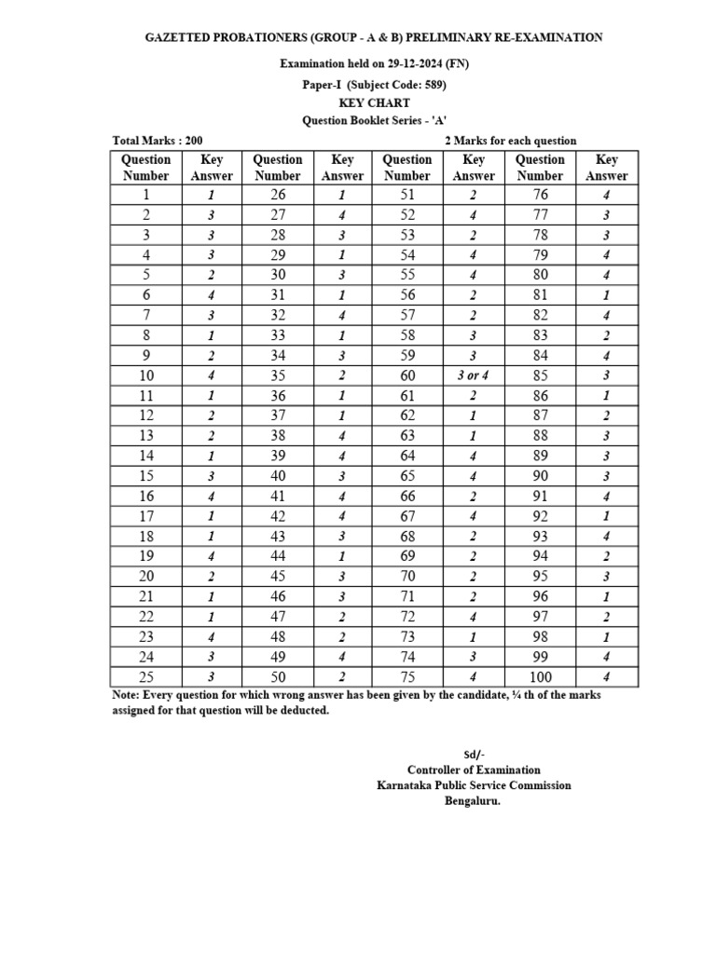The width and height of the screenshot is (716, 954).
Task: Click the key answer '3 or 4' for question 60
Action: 474,375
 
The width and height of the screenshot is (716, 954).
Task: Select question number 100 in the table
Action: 540,677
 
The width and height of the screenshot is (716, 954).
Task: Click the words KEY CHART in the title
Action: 374,102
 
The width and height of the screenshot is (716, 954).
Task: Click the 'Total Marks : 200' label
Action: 158,141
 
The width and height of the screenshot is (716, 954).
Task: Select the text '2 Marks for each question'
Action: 510,141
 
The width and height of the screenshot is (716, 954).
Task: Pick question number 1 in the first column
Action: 145,195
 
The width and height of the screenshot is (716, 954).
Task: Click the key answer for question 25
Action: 212,677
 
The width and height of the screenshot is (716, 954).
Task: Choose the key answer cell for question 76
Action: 606,195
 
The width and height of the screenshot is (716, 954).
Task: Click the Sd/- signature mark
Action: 474,754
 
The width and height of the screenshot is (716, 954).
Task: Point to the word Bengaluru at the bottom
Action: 473,800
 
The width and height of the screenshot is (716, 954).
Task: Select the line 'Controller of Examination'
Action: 474,770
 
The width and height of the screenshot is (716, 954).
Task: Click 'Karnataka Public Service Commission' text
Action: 474,785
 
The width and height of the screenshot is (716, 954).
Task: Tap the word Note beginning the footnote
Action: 124,695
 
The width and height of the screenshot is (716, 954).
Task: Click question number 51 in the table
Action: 407,195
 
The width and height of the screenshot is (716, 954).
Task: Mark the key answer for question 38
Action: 342,435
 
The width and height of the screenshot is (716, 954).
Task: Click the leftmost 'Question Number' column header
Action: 145,167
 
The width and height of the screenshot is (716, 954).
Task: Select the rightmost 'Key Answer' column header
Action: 606,167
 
